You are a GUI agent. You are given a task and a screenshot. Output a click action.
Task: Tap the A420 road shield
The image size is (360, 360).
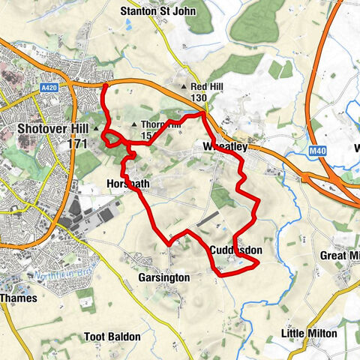pyautogui.click(x=49, y=88)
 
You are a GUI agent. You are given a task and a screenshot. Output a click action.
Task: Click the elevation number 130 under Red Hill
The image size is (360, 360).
pyautogui.click(x=199, y=98)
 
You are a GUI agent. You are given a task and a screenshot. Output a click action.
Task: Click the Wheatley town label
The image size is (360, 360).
pyautogui.click(x=225, y=148)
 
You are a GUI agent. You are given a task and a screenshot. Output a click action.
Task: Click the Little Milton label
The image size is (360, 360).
pyautogui.click(x=309, y=332)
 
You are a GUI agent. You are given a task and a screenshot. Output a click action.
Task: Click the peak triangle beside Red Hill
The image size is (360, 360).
pyautogui.click(x=184, y=87)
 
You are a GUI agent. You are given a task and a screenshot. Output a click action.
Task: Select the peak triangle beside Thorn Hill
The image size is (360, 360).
pyautogui.click(x=134, y=124)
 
